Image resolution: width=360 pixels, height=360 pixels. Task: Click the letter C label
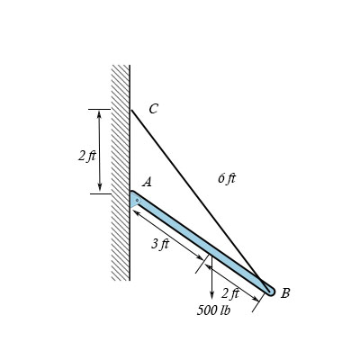coord(153,109)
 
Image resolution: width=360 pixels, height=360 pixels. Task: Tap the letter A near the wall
coord(147,182)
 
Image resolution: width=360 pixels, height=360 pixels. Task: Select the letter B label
coord(285,292)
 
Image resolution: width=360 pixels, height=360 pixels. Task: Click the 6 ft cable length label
coord(227,178)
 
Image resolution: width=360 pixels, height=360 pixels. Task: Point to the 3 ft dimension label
coord(160,245)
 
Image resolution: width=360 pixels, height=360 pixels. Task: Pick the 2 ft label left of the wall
coord(86,156)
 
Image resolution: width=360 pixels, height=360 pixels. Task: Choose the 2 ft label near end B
coord(229,293)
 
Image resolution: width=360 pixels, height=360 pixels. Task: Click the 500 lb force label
coord(213,310)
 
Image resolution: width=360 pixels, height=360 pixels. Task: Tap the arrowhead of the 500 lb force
coord(211,296)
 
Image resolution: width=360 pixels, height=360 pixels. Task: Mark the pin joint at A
coord(136,200)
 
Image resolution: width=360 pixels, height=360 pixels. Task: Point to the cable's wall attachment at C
coord(131,110)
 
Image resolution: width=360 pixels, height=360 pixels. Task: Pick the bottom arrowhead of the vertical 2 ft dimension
coord(100,189)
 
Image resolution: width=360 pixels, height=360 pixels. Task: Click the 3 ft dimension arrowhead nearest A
coord(136,214)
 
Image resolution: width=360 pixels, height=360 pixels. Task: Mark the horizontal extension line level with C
coord(103,110)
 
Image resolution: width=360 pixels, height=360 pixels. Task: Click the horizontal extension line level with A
coord(103,193)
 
